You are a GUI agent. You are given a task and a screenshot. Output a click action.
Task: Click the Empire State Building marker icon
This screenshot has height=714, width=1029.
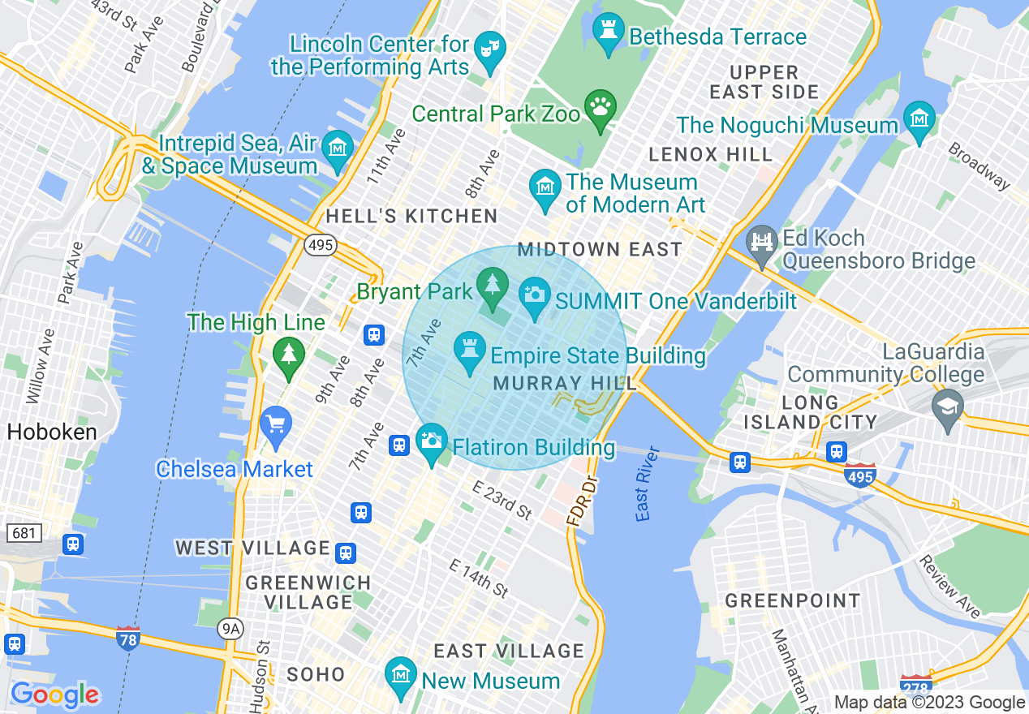[469, 352]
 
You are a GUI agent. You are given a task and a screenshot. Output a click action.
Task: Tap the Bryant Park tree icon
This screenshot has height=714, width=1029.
[492, 286]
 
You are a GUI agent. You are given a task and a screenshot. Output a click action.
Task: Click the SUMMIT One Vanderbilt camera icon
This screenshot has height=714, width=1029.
[534, 295]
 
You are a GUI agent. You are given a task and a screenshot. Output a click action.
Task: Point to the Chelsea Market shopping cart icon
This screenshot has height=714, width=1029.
[277, 425]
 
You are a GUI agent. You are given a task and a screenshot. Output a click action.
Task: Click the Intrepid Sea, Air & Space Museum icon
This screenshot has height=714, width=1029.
[337, 149]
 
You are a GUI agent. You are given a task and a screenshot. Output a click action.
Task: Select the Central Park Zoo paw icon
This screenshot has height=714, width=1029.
[600, 108]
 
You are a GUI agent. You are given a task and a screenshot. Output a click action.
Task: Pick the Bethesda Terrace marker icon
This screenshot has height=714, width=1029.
[608, 32]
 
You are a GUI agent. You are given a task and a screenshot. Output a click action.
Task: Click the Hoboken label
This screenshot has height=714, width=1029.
[52, 432]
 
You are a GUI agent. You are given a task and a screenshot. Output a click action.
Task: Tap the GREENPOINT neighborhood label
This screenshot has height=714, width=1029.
[792, 601]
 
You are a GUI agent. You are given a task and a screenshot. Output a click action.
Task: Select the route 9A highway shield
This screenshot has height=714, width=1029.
[231, 627]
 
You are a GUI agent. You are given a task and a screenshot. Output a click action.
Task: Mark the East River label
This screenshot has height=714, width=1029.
[643, 494]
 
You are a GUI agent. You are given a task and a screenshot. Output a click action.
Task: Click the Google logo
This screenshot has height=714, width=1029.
[55, 695]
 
